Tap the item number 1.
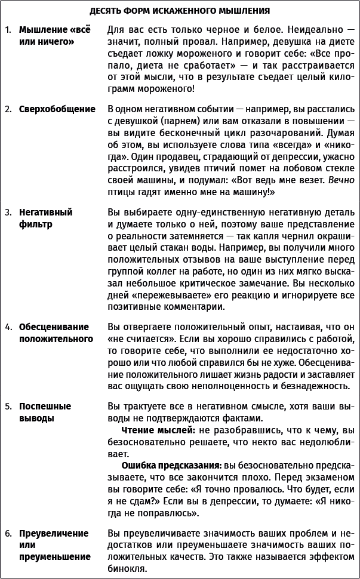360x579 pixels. [7, 30]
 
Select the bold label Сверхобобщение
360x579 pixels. [57, 109]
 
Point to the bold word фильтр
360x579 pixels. [35, 224]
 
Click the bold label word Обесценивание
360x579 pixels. [54, 327]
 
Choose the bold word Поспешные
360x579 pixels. [45, 406]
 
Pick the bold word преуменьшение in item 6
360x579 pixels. [54, 557]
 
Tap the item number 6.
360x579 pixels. [8, 533]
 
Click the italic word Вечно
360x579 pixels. [341, 180]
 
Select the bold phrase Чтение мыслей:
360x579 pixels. [156, 430]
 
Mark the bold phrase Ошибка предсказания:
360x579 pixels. [171, 464]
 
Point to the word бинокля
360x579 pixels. [127, 569]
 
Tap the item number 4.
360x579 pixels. [8, 327]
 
